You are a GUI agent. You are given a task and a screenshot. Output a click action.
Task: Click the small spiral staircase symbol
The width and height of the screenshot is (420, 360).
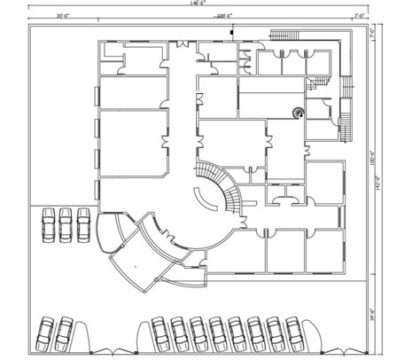click(x=299, y=113)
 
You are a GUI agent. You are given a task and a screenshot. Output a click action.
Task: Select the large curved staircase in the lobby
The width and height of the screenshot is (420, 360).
click(x=222, y=186)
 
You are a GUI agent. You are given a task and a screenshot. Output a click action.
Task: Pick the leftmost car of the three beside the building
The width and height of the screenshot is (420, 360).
click(x=48, y=223)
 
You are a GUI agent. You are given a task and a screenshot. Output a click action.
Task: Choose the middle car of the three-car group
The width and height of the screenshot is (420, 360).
click(x=66, y=223)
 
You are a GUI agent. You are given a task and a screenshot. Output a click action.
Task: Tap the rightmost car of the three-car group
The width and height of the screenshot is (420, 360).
click(x=83, y=223)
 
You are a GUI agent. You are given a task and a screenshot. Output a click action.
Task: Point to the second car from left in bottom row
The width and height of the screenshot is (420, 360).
click(x=64, y=334)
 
